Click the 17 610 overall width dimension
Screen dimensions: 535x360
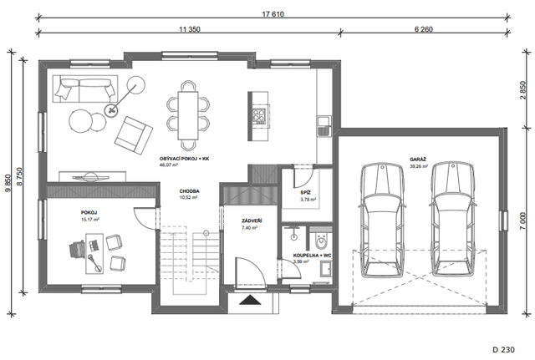(273, 14)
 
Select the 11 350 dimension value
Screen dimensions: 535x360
(190, 29)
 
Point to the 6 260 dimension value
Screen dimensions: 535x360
(424, 29)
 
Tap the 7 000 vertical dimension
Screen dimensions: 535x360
(523, 221)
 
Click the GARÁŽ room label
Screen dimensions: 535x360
(418, 160)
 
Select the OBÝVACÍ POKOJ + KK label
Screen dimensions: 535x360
(184, 159)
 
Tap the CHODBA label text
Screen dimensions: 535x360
(190, 191)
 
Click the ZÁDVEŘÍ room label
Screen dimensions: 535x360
(252, 221)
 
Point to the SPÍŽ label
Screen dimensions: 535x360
(306, 193)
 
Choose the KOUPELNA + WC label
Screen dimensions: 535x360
(312, 256)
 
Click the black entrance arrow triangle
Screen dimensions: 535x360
(250, 300)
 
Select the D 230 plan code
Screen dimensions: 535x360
(503, 349)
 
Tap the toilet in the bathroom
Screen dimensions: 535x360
(321, 241)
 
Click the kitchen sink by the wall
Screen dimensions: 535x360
(324, 126)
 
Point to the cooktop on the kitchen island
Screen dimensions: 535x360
(259, 116)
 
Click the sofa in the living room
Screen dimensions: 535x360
(85, 89)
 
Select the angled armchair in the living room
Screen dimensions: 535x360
(134, 135)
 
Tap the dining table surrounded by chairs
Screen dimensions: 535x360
(188, 115)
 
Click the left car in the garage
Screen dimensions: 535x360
(382, 221)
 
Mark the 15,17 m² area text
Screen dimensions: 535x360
(90, 220)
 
